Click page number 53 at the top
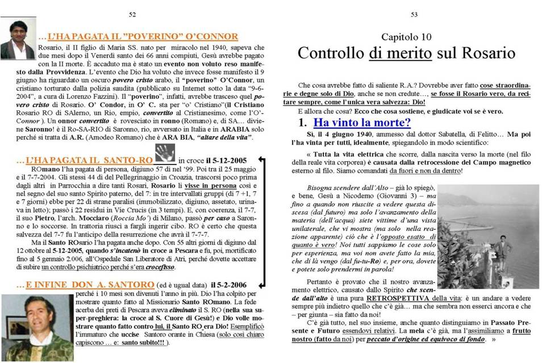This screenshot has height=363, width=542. (x=414, y=15)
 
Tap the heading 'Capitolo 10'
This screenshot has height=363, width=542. (x=406, y=37)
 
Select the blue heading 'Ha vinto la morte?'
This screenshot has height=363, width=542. (x=362, y=123)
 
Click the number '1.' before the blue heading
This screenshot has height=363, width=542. (x=303, y=123)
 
